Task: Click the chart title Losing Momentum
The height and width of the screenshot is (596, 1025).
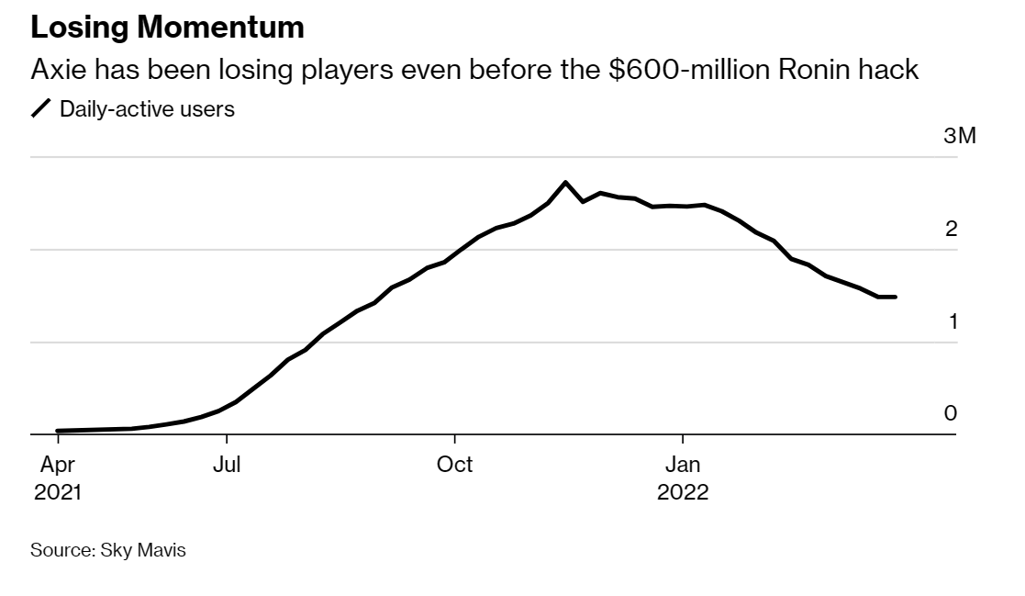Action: [167, 28]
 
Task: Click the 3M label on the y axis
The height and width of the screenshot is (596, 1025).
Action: [959, 137]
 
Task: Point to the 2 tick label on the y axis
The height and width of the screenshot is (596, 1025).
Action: [952, 229]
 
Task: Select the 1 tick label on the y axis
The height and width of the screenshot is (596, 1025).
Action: [952, 321]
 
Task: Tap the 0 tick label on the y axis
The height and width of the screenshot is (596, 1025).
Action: [951, 413]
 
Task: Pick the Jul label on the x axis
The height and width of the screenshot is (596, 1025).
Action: [226, 465]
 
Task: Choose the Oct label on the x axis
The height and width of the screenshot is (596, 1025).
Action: [454, 465]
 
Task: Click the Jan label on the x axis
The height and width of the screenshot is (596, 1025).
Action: [682, 465]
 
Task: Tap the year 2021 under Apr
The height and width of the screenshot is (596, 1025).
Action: [58, 492]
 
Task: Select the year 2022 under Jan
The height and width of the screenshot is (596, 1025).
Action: [683, 492]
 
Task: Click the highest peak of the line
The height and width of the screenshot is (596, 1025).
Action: [565, 182]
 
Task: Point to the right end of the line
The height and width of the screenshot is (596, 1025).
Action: [896, 297]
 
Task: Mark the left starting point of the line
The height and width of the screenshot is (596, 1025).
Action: [57, 431]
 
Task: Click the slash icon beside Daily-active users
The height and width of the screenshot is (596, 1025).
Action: [42, 109]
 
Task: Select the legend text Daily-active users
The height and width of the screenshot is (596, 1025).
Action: [147, 109]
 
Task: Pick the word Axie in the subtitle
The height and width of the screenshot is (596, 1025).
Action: [59, 69]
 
